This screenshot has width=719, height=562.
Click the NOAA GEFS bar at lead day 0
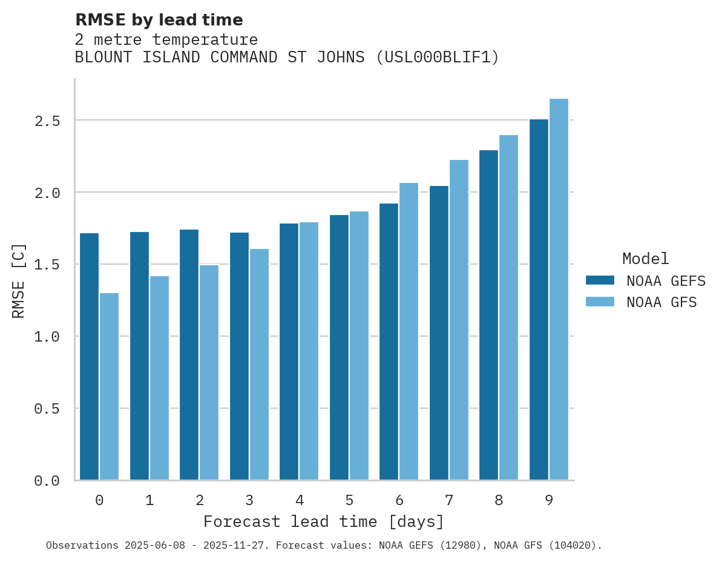tap(89, 357)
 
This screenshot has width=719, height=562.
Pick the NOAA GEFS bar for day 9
tap(539, 300)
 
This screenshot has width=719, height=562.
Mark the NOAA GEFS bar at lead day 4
tap(289, 352)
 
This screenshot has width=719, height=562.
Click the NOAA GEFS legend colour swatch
tap(600, 280)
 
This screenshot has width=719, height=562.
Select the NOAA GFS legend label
tap(662, 302)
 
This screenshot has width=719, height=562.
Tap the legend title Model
tap(645, 259)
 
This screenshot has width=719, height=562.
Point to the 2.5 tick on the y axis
tap(47, 121)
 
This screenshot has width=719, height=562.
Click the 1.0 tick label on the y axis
tap(47, 337)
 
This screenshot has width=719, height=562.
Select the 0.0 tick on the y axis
tap(47, 481)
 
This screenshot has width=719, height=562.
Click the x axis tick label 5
tap(349, 500)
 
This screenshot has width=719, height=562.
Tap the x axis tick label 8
tap(499, 500)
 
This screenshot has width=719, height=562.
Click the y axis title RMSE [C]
tap(19, 280)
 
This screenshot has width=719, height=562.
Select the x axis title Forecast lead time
tap(323, 521)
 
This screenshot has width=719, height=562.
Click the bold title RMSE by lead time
tap(159, 20)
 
